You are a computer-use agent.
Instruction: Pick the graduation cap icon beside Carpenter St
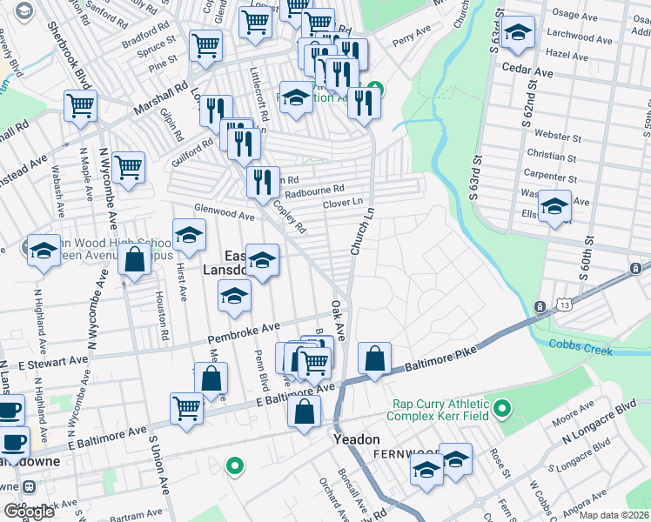coord(554,207)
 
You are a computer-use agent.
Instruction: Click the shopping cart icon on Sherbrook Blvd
coord(79,107)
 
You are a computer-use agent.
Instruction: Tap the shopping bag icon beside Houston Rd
coord(135,260)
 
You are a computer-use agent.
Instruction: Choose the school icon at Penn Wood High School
coord(42,251)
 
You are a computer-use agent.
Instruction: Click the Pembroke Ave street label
coord(243,332)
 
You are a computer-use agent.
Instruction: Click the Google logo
coord(29,511)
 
